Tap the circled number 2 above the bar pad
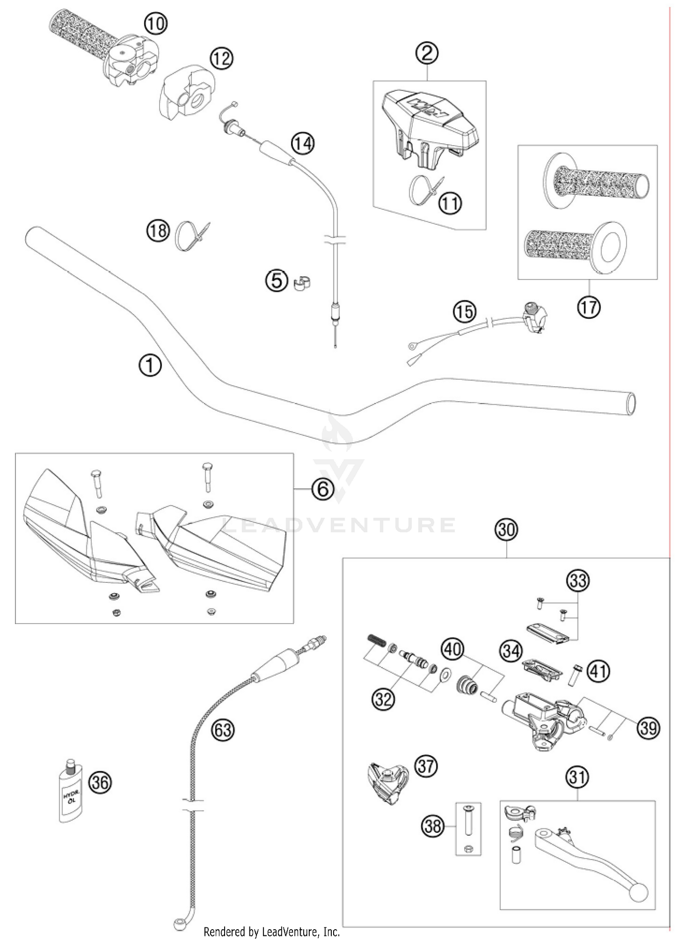[x=427, y=53]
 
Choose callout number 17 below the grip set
[x=589, y=307]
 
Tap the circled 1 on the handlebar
[x=150, y=365]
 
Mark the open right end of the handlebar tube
[x=631, y=403]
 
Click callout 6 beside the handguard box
[x=323, y=490]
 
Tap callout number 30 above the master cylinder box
[x=506, y=529]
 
